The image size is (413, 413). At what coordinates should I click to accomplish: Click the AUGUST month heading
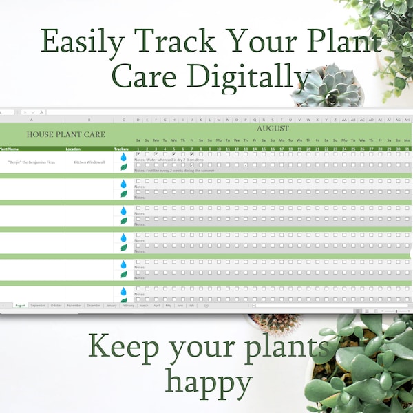[x=273, y=128]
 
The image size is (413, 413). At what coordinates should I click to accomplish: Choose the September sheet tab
[x=39, y=305]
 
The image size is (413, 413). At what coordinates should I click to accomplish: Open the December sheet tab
[x=94, y=305]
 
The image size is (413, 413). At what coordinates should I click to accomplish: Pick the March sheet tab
[x=144, y=305]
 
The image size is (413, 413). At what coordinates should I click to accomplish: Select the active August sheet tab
[x=20, y=305]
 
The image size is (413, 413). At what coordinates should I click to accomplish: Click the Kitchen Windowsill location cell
[x=89, y=162]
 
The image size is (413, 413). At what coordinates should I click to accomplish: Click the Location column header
[x=73, y=149]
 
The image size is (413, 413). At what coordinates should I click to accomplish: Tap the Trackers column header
[x=122, y=149]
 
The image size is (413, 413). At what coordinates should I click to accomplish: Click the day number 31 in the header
[x=407, y=149]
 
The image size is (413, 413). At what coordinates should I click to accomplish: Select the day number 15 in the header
[x=264, y=149]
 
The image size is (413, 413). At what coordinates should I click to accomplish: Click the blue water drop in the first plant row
[x=124, y=158]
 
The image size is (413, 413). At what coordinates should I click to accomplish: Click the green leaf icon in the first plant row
[x=124, y=167]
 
